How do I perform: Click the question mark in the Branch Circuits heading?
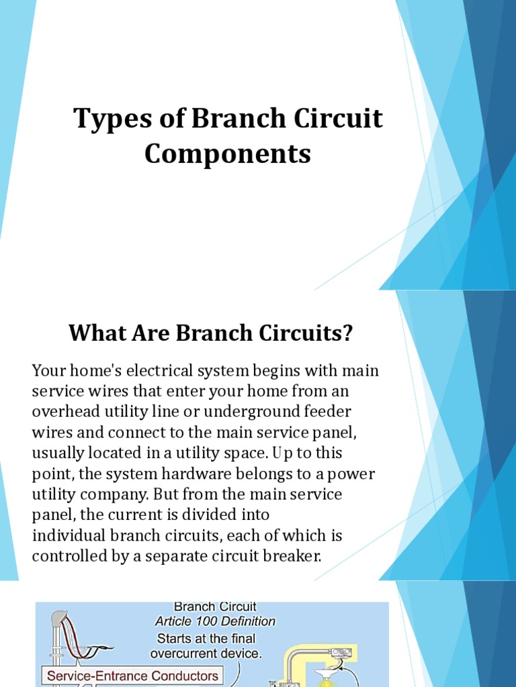(x=347, y=333)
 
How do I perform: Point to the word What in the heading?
(x=93, y=333)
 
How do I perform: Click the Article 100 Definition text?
(x=216, y=622)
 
